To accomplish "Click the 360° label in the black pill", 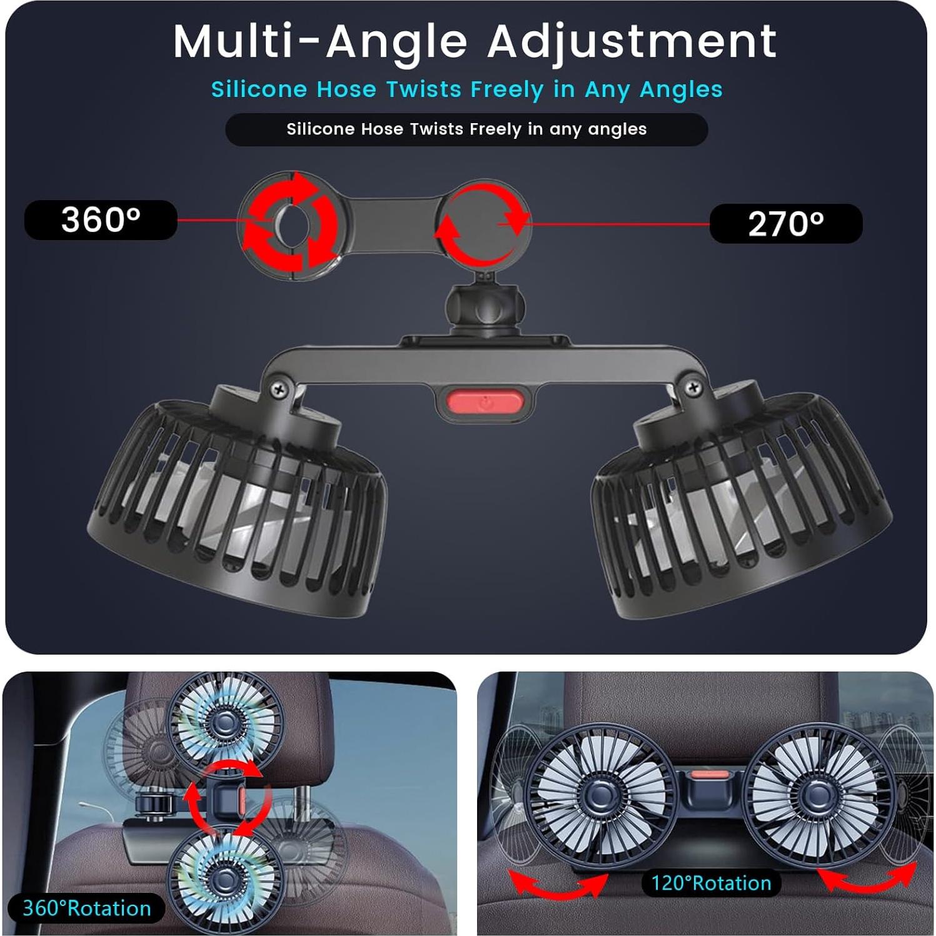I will coord(101,219).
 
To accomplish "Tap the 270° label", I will coord(786,224).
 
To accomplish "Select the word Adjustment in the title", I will coord(632,42).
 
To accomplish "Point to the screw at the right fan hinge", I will coord(693,388).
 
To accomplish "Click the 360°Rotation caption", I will coord(87,908).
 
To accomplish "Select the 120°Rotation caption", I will coord(711,883).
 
